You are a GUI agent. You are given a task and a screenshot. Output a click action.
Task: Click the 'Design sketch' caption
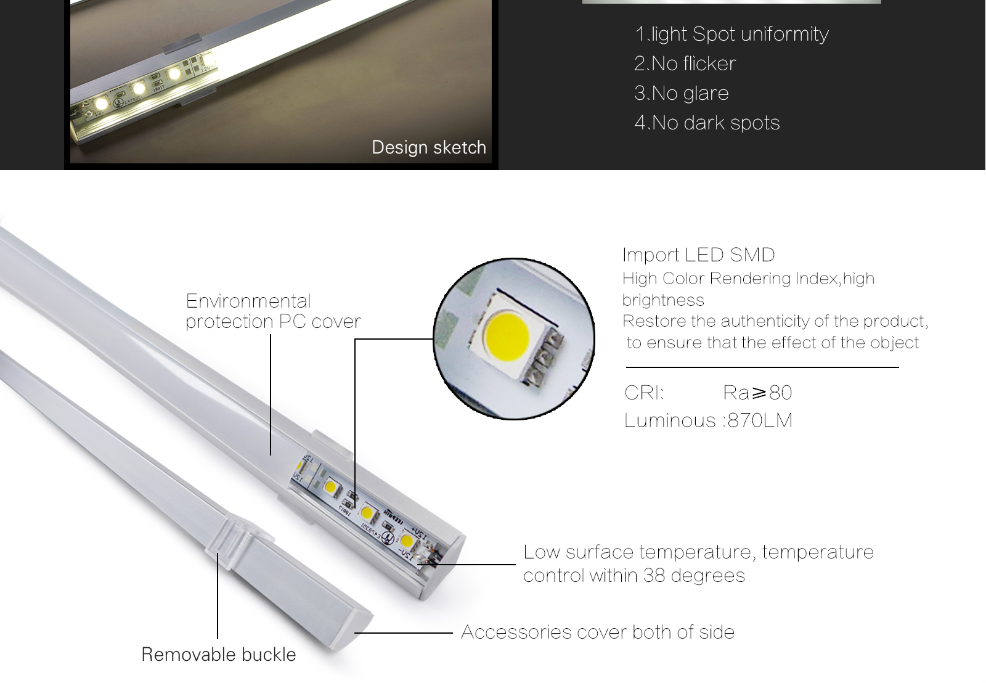click(429, 147)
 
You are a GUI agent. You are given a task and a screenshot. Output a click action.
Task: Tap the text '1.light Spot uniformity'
click(731, 34)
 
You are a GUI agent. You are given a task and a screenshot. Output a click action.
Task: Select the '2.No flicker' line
click(685, 63)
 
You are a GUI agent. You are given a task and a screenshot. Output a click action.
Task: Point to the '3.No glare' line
click(681, 93)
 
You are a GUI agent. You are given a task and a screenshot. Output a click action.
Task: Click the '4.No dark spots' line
click(707, 123)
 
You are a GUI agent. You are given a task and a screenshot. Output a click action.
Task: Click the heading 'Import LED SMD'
click(698, 255)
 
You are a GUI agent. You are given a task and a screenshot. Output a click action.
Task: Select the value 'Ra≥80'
click(757, 393)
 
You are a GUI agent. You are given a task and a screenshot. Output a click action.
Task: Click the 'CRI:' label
click(644, 393)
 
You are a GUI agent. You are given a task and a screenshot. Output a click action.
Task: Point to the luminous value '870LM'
click(760, 420)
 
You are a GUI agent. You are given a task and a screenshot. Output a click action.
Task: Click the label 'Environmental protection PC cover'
click(272, 311)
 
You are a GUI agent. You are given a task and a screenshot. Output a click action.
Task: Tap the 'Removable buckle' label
click(218, 654)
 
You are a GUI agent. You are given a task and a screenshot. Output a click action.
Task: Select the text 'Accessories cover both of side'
click(597, 632)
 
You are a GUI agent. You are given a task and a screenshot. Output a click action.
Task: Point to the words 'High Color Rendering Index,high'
click(748, 279)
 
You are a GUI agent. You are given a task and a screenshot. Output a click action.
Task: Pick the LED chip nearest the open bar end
click(406, 542)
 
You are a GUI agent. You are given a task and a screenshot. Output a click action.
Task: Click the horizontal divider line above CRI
click(762, 367)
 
